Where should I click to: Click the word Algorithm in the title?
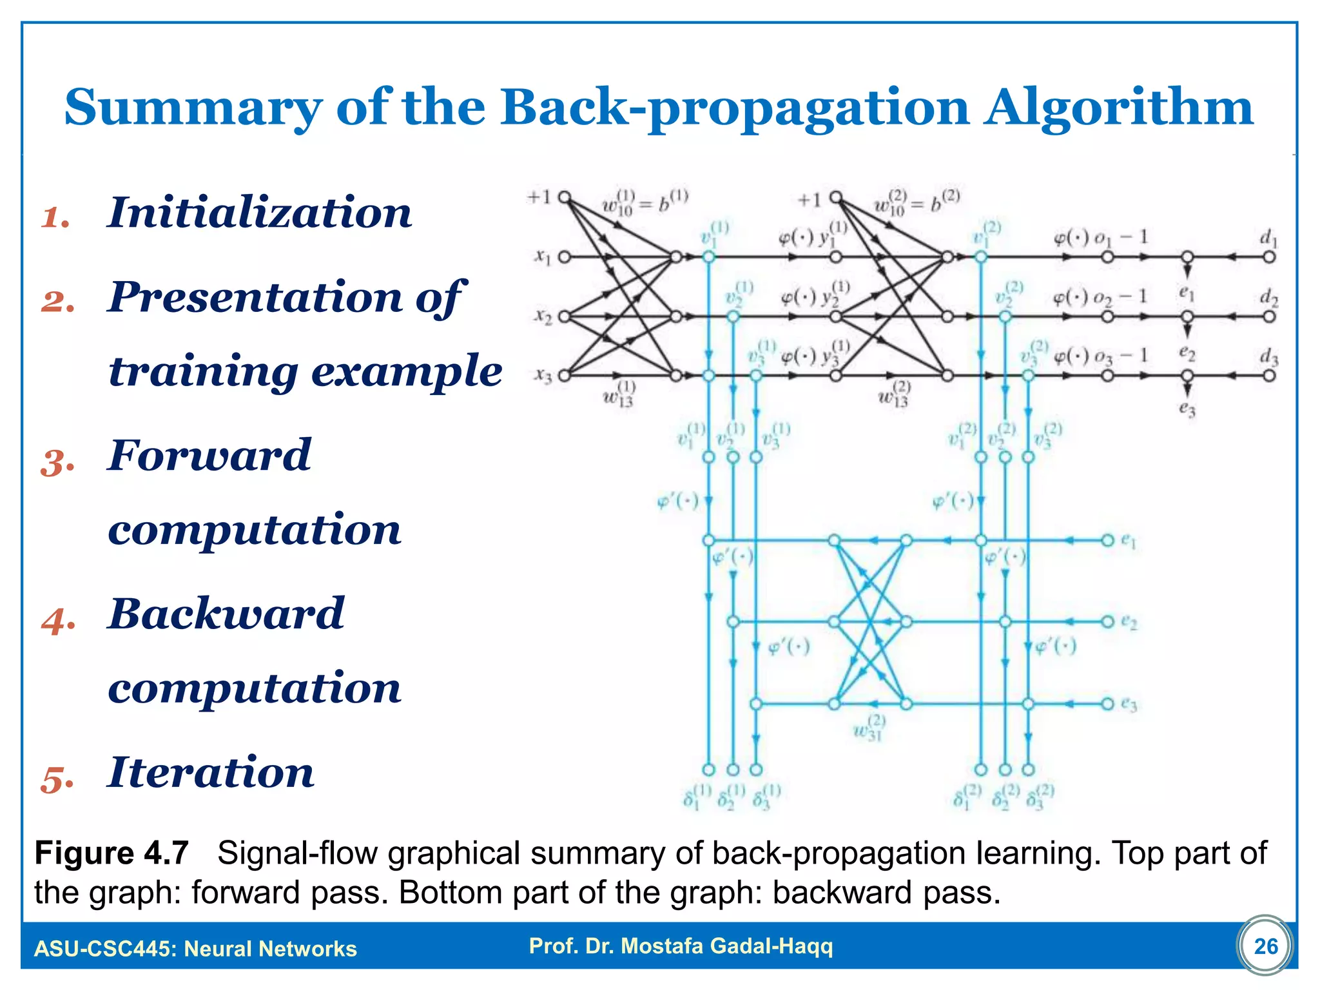pos(1118,108)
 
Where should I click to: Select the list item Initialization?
pos(259,213)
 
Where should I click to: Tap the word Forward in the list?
pos(209,455)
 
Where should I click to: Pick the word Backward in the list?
pos(226,614)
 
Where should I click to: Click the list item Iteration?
pos(211,772)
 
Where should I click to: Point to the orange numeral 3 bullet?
pos(57,463)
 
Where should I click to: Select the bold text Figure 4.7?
pos(112,853)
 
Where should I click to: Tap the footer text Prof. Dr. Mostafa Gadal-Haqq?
pos(681,946)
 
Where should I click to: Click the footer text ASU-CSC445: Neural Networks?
pos(195,949)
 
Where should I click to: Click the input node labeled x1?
pos(564,257)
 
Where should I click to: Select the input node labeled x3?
pos(564,375)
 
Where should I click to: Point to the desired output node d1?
pos(1269,257)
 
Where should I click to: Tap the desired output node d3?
pos(1269,375)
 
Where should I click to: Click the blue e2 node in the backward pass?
pos(1108,622)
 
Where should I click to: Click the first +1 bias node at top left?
pos(565,197)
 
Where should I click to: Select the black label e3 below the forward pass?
pos(1187,408)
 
